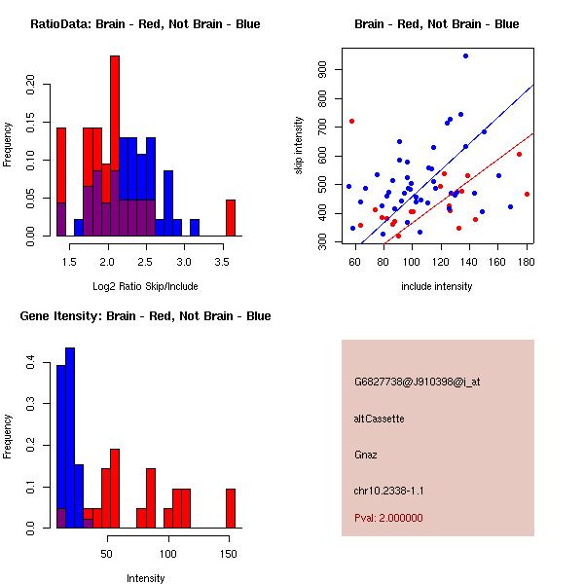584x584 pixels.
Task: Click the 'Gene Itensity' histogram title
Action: [145, 316]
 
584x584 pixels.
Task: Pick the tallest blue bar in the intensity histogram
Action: [70, 438]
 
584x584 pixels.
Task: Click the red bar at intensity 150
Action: [231, 507]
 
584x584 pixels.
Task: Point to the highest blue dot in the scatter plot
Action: [465, 56]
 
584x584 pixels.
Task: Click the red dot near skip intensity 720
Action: [351, 122]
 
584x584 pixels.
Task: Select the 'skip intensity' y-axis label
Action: [300, 145]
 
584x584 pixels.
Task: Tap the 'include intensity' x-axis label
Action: [436, 286]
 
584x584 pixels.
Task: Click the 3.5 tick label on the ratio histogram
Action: [221, 260]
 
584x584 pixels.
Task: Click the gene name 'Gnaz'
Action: [366, 455]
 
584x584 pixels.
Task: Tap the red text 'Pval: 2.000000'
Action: [388, 518]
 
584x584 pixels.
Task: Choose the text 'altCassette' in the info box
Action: [379, 419]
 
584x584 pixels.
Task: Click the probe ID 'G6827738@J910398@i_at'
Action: [418, 382]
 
